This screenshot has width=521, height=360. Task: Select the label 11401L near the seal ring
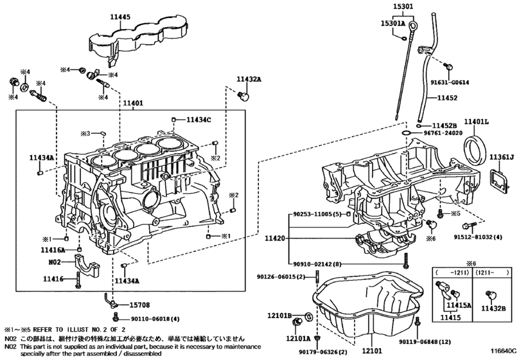tap(477, 122)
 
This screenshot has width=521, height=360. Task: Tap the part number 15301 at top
tap(403, 8)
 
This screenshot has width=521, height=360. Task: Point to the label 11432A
tap(249, 79)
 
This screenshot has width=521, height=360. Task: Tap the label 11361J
tap(502, 157)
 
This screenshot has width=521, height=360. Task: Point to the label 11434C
tap(199, 120)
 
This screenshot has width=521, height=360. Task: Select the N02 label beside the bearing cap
tap(55, 262)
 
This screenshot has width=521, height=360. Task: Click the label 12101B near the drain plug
tap(280, 316)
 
